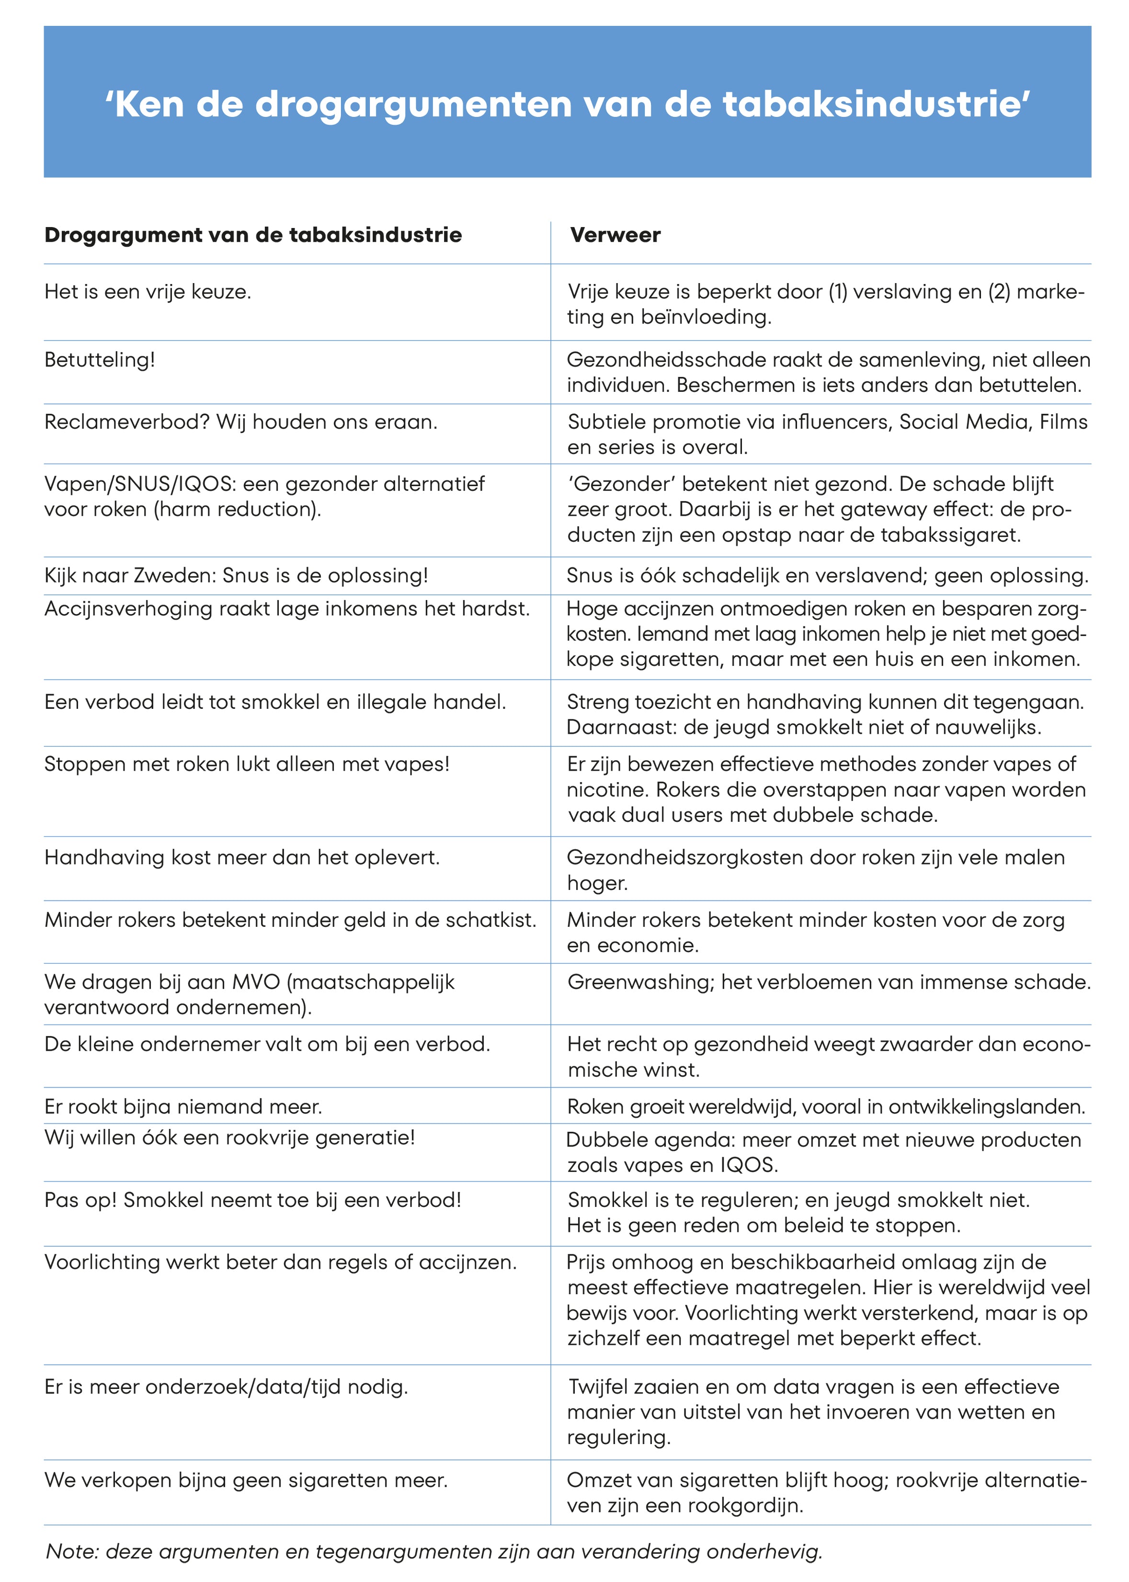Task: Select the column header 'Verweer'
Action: [x=615, y=235]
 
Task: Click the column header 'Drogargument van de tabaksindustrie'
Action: [x=253, y=235]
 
